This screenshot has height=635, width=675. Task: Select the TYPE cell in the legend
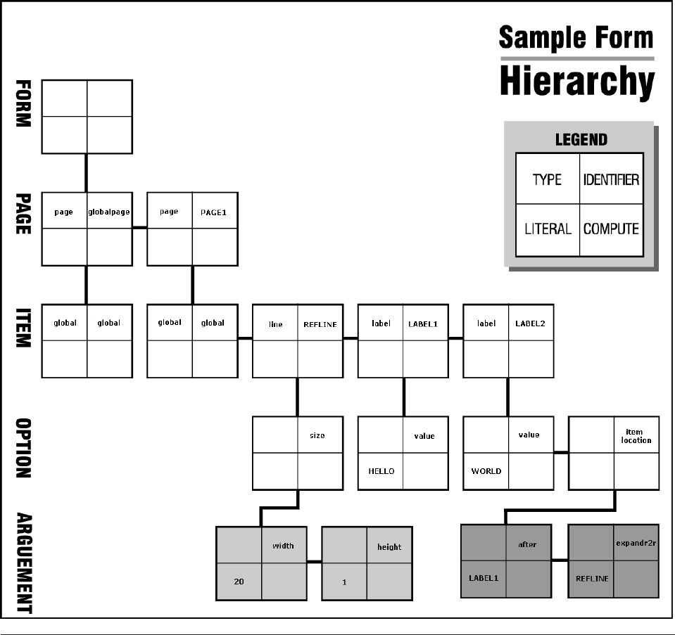tap(547, 180)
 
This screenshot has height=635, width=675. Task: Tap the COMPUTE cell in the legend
tap(611, 229)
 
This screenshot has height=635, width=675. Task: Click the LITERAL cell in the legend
tap(548, 229)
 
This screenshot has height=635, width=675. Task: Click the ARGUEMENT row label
tap(23, 563)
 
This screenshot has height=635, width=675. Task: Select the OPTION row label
tap(23, 449)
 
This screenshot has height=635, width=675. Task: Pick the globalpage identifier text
tap(109, 212)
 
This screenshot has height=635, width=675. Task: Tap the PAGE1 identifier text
tap(213, 212)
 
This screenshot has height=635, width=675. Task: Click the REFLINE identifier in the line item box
tap(320, 324)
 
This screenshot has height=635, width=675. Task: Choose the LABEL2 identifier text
tap(530, 324)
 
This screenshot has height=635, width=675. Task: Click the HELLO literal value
tap(381, 471)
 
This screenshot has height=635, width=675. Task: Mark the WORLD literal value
tap(486, 471)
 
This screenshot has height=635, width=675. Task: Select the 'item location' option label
tap(636, 436)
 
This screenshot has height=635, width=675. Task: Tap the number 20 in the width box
tap(239, 582)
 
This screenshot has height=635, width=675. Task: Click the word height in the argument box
tap(389, 546)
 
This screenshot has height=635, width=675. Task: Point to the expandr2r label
tap(636, 543)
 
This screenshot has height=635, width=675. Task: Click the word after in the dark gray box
tap(527, 545)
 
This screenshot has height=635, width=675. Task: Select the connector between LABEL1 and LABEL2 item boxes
tap(455, 338)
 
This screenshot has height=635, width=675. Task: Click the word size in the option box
tap(317, 436)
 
